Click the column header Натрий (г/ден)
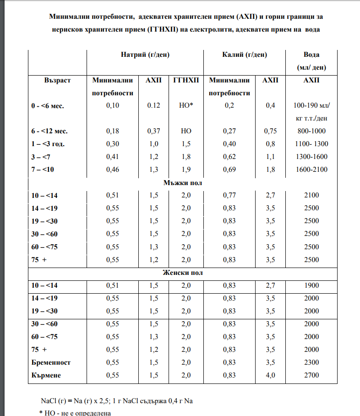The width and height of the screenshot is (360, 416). coord(145,55)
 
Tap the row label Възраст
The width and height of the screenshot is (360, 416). coord(58,80)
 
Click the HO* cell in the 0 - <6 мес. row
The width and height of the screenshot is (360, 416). coord(186,105)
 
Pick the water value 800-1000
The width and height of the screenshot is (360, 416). coord(311,131)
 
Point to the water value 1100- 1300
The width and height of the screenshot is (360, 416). coord(311,144)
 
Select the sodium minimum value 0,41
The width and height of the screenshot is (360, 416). coord(112,157)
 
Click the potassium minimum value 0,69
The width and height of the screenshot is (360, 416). coord(229,170)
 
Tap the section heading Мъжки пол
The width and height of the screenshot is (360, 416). coord(183,183)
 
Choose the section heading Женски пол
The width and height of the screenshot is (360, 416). coord(183,273)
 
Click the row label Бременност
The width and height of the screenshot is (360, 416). coord(51,362)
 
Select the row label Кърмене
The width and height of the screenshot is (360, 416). coord(46,375)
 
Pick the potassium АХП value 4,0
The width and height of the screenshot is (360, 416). coord(271,375)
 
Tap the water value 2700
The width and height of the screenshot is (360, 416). coord(311,375)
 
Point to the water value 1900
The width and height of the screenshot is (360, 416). coord(311,285)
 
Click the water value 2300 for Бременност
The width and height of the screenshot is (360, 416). coord(311,362)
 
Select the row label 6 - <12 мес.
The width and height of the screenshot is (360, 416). coord(49,131)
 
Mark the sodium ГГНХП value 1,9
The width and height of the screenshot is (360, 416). coord(186,170)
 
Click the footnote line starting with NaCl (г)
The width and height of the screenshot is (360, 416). coord(117,401)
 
